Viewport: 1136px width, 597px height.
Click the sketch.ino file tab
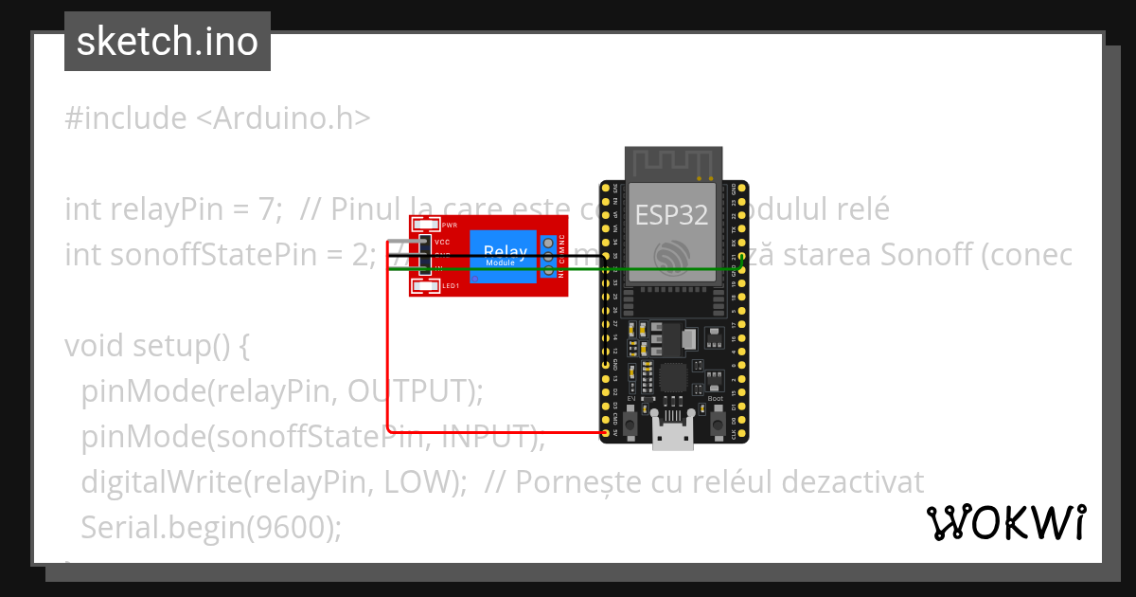168,42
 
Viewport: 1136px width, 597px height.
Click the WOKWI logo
1005,522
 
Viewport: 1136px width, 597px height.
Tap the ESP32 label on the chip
671,215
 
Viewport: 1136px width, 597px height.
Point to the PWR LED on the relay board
426,226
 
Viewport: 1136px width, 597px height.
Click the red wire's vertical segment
388,341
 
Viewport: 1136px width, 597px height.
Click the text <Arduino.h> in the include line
282,118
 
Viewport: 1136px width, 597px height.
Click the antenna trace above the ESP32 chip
673,163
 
